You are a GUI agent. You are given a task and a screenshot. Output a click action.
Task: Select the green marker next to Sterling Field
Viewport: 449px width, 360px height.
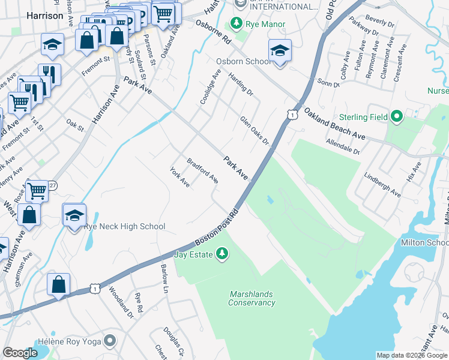click(396, 116)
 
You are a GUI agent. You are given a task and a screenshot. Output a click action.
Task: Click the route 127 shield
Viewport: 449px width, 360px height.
click(53, 185)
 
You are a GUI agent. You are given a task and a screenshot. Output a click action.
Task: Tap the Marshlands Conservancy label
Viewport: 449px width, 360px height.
click(252, 298)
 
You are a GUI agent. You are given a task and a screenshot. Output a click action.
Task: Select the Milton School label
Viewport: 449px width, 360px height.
click(424, 242)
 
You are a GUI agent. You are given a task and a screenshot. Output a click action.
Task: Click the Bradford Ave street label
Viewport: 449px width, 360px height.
click(202, 170)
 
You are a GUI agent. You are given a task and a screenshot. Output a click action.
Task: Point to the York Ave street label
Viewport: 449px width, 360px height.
click(180, 178)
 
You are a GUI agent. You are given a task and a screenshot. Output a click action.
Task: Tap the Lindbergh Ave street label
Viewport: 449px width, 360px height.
click(383, 184)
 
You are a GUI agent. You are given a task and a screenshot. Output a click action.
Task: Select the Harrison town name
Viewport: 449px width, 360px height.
click(45, 16)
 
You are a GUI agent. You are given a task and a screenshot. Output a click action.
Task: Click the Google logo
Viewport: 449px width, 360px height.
click(20, 352)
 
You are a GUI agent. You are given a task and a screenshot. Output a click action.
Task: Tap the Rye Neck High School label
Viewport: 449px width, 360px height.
click(124, 226)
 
